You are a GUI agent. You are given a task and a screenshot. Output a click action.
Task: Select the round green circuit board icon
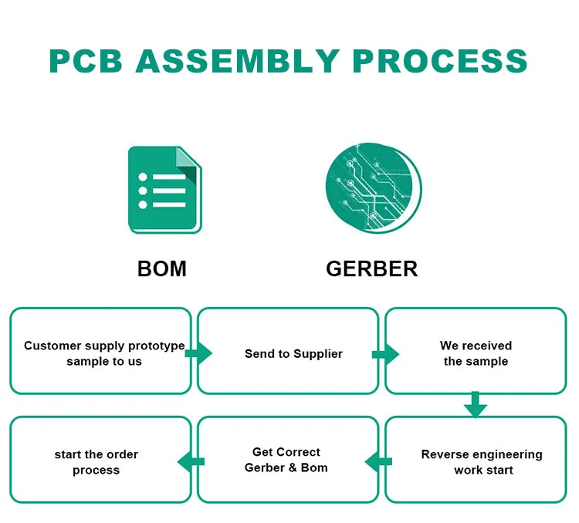pos(374,189)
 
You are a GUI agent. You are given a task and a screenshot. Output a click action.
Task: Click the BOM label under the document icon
pos(161,268)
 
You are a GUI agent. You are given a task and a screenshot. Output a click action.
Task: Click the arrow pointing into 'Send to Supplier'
pos(198,353)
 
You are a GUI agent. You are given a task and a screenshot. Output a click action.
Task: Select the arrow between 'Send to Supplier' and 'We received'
pos(385,353)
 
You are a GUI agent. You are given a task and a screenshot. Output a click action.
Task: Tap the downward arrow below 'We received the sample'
pos(476,405)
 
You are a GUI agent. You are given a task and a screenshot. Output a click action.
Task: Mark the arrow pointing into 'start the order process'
pos(191,461)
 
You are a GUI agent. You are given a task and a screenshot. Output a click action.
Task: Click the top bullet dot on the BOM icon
pos(143,177)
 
